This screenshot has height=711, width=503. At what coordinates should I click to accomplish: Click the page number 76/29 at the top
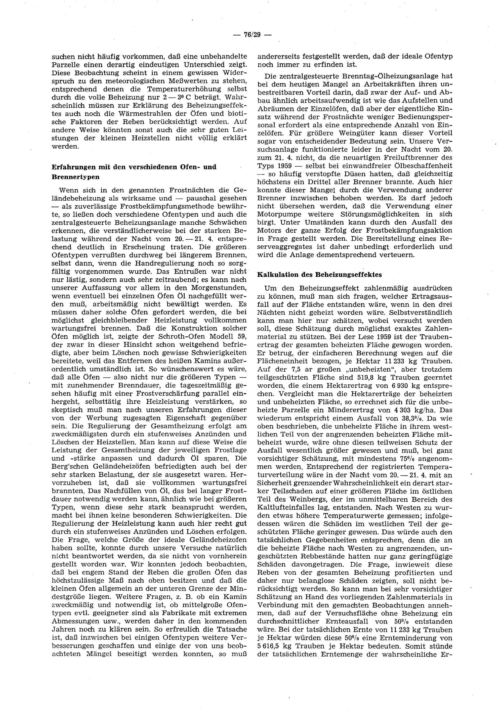pos(251,35)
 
